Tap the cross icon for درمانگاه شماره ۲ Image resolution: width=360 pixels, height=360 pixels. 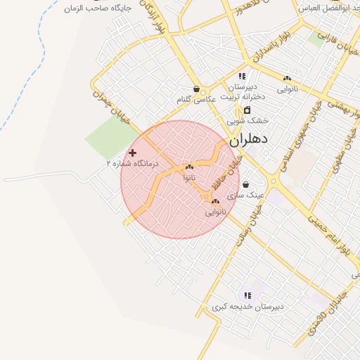click(x=132, y=153)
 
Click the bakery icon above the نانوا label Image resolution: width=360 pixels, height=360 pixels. click(x=189, y=167)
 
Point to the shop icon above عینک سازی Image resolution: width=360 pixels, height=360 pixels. click(x=245, y=184)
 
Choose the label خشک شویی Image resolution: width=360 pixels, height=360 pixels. click(x=247, y=121)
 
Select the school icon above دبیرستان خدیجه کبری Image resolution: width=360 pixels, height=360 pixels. click(x=247, y=295)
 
